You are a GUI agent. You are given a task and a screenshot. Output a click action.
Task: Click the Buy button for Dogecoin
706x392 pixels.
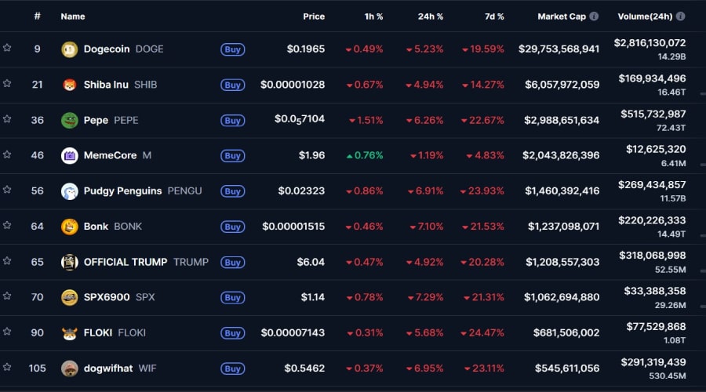tap(232, 49)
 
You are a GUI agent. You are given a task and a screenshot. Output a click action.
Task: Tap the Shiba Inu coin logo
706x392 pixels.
tap(70, 85)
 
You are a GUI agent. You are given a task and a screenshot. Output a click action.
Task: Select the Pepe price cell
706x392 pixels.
tap(299, 119)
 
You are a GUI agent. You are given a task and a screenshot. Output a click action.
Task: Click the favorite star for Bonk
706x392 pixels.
tap(7, 225)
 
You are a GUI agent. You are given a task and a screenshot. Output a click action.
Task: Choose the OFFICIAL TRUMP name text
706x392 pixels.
tap(126, 262)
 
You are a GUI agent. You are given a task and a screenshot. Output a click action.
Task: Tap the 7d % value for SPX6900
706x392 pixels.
tap(483, 297)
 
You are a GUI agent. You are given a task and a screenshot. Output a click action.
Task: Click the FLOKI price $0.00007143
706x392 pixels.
tap(293, 332)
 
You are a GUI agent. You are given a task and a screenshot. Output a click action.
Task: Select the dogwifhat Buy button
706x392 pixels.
tap(232, 368)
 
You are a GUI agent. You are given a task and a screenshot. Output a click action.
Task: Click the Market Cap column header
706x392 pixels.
tap(562, 16)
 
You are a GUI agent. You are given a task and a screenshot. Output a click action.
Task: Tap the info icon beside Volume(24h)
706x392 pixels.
tap(680, 16)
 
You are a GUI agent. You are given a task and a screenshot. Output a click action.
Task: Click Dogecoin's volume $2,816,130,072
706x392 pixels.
tap(650, 43)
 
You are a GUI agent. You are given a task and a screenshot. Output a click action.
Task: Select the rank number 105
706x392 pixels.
tap(37, 368)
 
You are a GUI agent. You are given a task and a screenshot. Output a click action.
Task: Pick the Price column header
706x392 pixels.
tap(314, 16)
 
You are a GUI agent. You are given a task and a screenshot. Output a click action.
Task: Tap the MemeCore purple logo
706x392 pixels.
tap(70, 155)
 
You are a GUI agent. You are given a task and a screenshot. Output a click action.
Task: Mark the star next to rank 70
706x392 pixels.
tap(7, 296)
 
